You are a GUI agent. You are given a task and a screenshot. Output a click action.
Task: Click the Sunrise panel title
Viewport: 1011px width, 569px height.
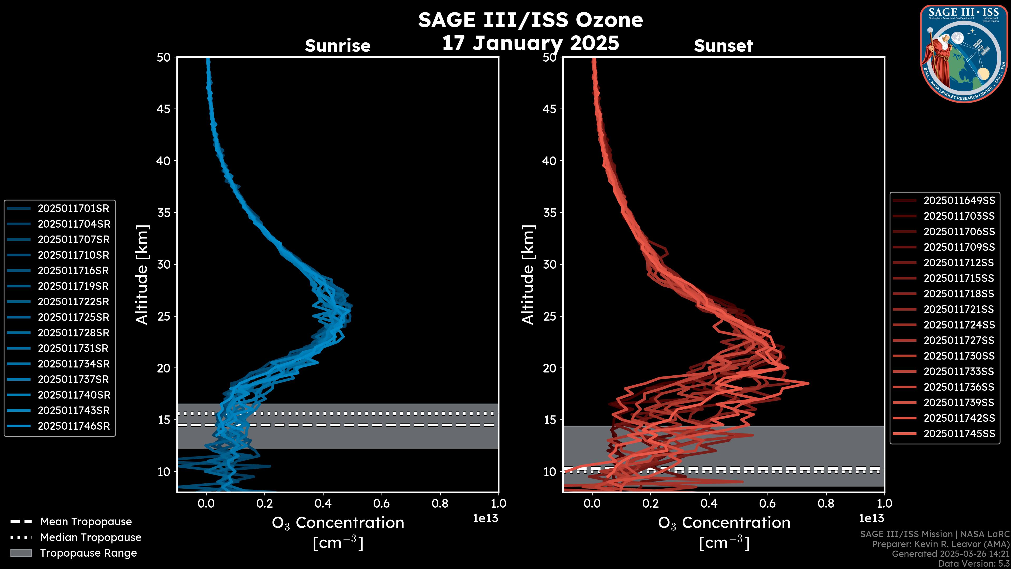[x=338, y=46]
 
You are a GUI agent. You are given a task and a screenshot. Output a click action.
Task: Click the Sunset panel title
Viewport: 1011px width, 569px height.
[x=723, y=46]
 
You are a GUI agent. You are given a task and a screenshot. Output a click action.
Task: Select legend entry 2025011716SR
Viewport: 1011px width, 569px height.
[x=73, y=271]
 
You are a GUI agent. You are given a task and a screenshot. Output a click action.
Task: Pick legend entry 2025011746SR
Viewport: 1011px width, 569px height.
[x=74, y=426]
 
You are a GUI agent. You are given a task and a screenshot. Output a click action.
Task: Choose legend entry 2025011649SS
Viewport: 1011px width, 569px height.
[x=959, y=201]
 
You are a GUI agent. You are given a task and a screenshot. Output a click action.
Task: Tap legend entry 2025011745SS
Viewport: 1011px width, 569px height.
[x=959, y=434]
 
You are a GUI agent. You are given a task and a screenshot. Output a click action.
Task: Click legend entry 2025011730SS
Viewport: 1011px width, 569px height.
[x=959, y=356]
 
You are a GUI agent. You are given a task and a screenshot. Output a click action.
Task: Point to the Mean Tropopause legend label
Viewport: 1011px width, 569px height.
[x=86, y=522]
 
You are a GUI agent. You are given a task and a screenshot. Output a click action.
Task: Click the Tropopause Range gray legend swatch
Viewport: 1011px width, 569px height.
[x=21, y=553]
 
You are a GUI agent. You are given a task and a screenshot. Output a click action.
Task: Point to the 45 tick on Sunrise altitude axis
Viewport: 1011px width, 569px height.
[x=164, y=109]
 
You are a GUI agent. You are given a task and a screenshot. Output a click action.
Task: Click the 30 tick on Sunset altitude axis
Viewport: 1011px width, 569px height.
[x=550, y=264]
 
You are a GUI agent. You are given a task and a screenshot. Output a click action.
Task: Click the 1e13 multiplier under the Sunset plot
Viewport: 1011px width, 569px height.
[x=871, y=518]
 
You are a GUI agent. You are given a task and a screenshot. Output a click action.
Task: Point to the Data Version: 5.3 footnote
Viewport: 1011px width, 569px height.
[x=973, y=563]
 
